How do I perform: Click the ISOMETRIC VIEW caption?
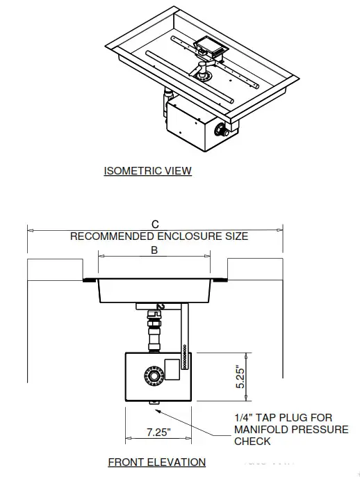[x=147, y=170]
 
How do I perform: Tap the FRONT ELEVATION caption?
[x=156, y=462]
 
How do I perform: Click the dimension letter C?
[x=155, y=224]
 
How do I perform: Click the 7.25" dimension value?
[x=160, y=432]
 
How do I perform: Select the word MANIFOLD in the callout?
[x=261, y=430]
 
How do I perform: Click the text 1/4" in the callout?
[x=245, y=418]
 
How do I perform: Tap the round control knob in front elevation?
[x=152, y=376]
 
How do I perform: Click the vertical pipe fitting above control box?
[x=153, y=331]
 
